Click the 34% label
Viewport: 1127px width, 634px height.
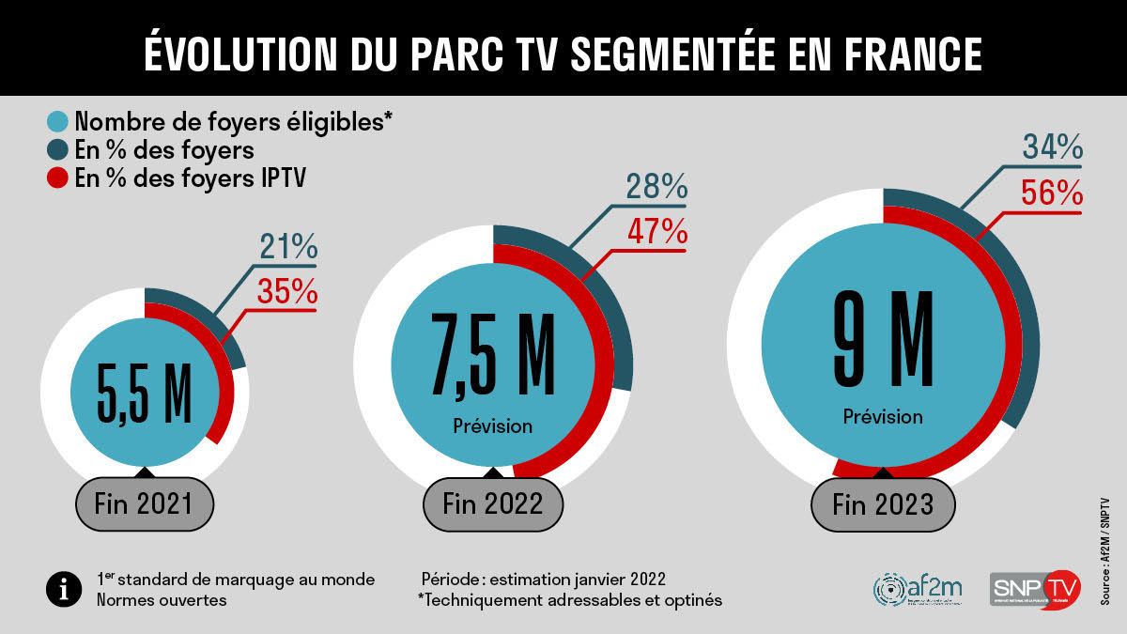click(1052, 148)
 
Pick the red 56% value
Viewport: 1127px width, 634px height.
click(1052, 193)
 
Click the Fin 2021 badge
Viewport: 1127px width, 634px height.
click(145, 505)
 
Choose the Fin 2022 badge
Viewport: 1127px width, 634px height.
click(493, 503)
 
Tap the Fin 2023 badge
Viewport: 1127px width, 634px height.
click(883, 504)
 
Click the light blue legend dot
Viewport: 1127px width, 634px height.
click(58, 122)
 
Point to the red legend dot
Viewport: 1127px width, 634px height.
click(58, 178)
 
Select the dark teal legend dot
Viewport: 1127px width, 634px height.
click(58, 150)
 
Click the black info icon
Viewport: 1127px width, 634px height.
click(63, 589)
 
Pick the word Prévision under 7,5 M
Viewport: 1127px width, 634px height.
click(493, 426)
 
